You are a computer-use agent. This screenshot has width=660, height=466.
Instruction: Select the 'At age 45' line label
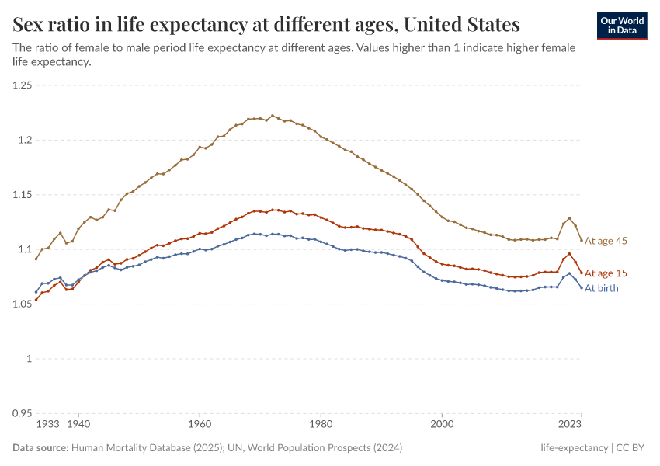(606, 241)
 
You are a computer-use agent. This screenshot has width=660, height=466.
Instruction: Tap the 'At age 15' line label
(606, 273)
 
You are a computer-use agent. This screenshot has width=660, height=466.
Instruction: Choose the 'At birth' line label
(602, 288)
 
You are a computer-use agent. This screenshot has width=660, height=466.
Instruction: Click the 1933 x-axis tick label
(47, 425)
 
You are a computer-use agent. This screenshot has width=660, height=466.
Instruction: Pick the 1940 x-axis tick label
(78, 425)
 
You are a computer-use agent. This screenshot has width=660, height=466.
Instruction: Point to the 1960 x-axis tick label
(200, 425)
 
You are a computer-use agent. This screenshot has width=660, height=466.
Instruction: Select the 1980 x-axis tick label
(321, 425)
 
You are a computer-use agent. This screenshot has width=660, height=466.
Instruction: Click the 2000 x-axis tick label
(442, 425)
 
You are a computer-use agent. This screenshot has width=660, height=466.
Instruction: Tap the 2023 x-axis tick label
(571, 425)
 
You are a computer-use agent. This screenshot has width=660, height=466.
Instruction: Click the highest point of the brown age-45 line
(273, 116)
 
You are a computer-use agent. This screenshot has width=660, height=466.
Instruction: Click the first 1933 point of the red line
(36, 300)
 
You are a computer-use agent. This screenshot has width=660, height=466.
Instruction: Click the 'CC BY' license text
(632, 448)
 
